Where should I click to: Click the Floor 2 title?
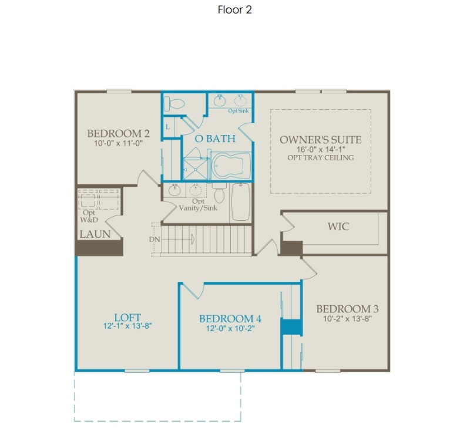pyautogui.click(x=234, y=10)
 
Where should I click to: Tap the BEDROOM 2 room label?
pyautogui.click(x=119, y=133)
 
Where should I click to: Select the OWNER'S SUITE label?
pyautogui.click(x=321, y=140)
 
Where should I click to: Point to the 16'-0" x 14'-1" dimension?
pyautogui.click(x=321, y=150)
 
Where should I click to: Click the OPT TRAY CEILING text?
pyautogui.click(x=321, y=157)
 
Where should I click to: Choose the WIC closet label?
pyautogui.click(x=338, y=227)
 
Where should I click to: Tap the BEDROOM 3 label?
pyautogui.click(x=347, y=309)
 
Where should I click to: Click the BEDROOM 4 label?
pyautogui.click(x=230, y=319)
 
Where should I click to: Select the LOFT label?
pyautogui.click(x=127, y=317)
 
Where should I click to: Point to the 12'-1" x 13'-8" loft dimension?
pyautogui.click(x=127, y=326)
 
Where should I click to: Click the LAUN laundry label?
pyautogui.click(x=95, y=234)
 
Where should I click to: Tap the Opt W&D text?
pyautogui.click(x=89, y=216)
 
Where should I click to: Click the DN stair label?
pyautogui.click(x=155, y=240)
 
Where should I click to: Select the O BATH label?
pyautogui.click(x=215, y=139)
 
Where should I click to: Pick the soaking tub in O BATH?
pyautogui.click(x=231, y=166)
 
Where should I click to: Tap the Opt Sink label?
pyautogui.click(x=239, y=111)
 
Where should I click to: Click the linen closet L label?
pyautogui.click(x=167, y=127)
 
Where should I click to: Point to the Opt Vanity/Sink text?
pyautogui.click(x=198, y=205)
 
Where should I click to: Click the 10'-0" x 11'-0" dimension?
pyautogui.click(x=119, y=143)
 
